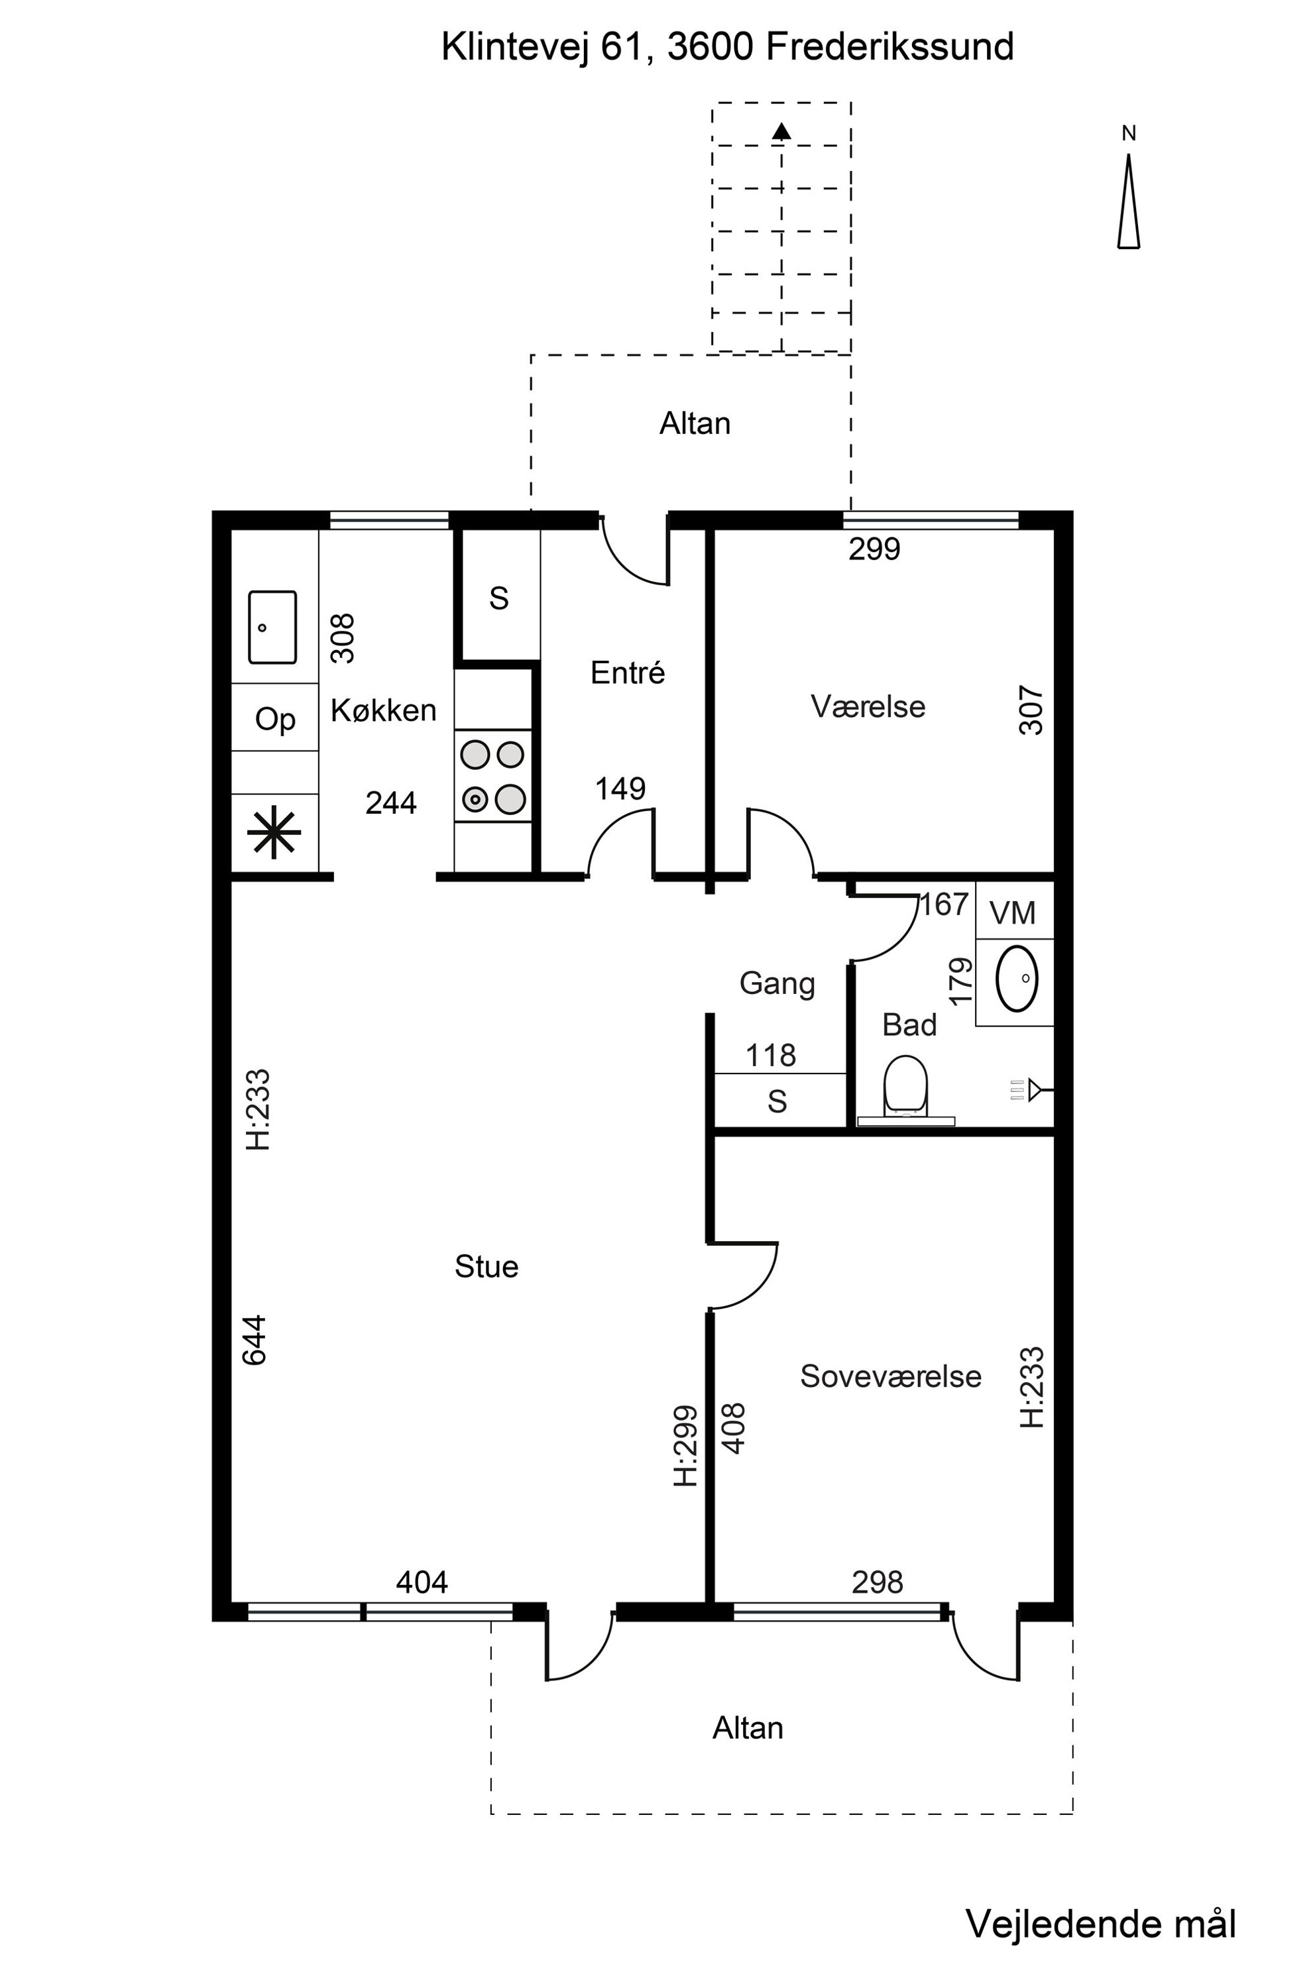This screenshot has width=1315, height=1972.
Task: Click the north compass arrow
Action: pyautogui.click(x=1129, y=201)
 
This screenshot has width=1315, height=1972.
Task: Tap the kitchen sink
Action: pyautogui.click(x=272, y=627)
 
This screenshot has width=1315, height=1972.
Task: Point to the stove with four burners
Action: pyautogui.click(x=493, y=775)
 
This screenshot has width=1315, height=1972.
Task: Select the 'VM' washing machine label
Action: pyautogui.click(x=1012, y=913)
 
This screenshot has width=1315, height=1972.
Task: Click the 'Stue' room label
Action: pyautogui.click(x=486, y=1266)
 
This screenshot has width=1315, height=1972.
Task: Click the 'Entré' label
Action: pyautogui.click(x=627, y=673)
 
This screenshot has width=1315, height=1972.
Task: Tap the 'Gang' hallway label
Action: pyautogui.click(x=777, y=983)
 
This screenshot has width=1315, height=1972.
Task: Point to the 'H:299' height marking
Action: pyautogui.click(x=686, y=1447)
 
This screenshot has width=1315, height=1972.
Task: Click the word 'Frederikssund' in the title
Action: pyautogui.click(x=889, y=47)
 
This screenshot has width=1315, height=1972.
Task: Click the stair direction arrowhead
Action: pyautogui.click(x=781, y=130)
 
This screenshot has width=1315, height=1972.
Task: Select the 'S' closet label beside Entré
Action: pyautogui.click(x=499, y=598)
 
